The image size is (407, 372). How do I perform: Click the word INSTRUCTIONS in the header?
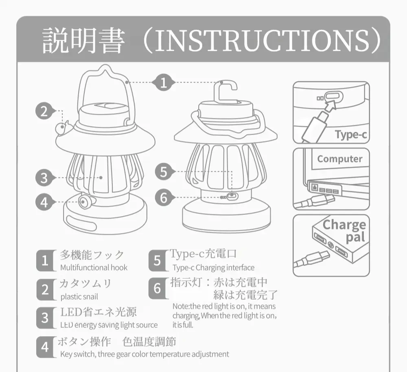click(x=263, y=40)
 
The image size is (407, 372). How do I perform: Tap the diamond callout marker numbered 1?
click(x=163, y=83)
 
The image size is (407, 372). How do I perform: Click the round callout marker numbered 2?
click(x=44, y=111)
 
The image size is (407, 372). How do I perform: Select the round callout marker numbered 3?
click(x=44, y=178)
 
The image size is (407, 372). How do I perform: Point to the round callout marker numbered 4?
click(x=44, y=201)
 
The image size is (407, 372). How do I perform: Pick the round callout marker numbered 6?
click(x=164, y=198)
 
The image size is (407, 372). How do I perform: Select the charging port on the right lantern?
click(x=232, y=196)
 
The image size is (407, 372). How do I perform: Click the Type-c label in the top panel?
click(x=350, y=135)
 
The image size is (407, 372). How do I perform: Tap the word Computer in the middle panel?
click(x=340, y=159)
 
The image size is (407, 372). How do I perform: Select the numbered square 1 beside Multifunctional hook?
click(x=44, y=261)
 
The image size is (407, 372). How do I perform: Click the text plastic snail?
click(x=79, y=297)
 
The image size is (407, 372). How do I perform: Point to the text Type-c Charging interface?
click(x=213, y=268)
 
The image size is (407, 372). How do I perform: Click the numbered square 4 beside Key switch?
click(x=44, y=347)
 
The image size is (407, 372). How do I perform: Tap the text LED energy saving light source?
click(x=109, y=325)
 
